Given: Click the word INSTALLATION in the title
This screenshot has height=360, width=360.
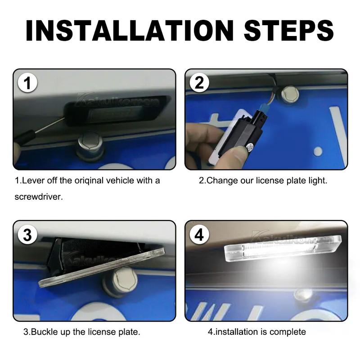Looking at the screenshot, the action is (130, 31).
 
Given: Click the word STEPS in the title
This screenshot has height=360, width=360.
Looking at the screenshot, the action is (288, 31).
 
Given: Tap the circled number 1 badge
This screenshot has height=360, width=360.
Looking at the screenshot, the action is (27, 83).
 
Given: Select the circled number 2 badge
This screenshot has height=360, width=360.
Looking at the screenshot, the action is (199, 83).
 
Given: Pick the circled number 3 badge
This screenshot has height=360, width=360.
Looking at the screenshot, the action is (27, 234).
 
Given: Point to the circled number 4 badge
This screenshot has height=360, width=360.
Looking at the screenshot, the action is (199, 234).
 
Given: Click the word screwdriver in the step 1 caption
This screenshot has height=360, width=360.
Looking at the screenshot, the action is (39, 197).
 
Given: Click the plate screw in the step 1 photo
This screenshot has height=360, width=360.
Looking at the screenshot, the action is (90, 145).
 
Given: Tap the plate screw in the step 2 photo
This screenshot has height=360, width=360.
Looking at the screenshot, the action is (290, 94).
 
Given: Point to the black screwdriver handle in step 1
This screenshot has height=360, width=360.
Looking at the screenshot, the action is (25, 137).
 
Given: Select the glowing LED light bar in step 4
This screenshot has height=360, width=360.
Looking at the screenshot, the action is (283, 249).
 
